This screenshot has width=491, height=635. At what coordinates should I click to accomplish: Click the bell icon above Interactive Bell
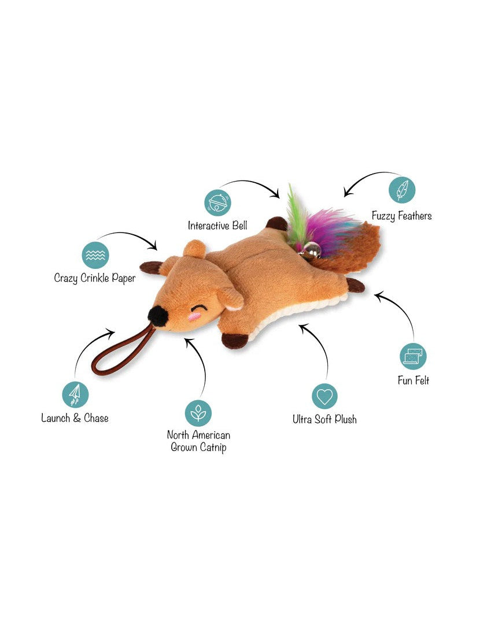pos(217,202)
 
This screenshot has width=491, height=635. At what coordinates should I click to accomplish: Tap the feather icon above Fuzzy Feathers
pos(402,190)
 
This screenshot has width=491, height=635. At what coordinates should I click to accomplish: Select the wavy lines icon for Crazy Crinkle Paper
pos(95,254)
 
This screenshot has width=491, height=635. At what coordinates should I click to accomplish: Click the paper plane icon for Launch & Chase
pos(75,394)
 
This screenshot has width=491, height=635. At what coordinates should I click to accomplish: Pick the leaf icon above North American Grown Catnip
pos(198,413)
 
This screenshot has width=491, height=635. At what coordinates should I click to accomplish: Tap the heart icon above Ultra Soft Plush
pos(324,396)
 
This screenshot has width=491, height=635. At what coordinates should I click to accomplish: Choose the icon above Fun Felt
pos(413,356)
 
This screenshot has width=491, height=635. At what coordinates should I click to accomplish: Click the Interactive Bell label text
pos(217,226)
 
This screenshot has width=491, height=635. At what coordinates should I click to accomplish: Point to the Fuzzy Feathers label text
pos(401,216)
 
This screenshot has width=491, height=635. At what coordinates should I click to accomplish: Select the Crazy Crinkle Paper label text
pos(95,278)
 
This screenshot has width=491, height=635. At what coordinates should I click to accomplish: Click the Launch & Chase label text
pos(75,418)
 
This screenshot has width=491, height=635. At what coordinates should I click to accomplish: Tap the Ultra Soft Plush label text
pos(324,419)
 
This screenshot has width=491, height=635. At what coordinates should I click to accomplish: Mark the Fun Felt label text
pos(414,381)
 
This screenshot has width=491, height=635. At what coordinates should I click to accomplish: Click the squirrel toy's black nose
pos(157,316)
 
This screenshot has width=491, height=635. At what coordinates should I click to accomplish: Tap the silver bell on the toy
pos(312,250)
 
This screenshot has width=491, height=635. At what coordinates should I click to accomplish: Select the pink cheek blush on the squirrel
pos(194,317)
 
